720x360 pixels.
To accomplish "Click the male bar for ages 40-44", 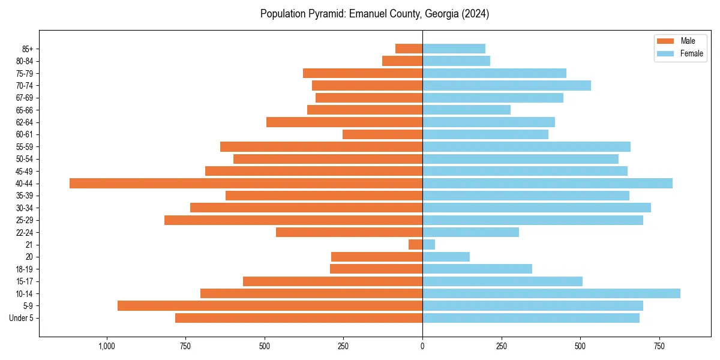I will (246, 184).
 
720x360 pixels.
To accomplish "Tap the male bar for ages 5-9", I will (270, 306).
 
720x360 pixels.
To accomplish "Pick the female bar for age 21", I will (429, 245).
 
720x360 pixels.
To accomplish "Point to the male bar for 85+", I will (409, 49).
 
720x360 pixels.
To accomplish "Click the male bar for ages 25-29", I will (293, 220).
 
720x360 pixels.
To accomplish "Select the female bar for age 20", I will (446, 257).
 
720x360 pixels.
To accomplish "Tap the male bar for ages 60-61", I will (382, 134).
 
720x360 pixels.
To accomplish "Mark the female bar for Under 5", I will (531, 318).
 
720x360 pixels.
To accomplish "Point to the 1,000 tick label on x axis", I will (107, 346).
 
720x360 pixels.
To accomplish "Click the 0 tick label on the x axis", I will (422, 346).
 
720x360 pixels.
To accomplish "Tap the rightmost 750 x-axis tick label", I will (659, 346).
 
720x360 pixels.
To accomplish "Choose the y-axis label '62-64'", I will (25, 122).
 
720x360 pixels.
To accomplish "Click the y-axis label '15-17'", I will (25, 281).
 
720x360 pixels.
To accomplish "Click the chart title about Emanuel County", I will (374, 14).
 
